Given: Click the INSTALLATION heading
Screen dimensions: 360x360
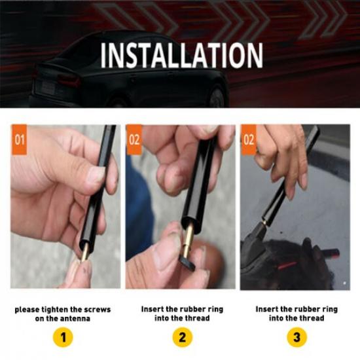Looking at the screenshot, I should coord(181,56).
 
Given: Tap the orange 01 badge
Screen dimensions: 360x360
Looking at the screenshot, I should coord(20,139).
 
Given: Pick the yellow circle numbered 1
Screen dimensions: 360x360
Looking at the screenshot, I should coord(63,338).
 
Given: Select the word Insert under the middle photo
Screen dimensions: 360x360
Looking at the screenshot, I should coord(153,308).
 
